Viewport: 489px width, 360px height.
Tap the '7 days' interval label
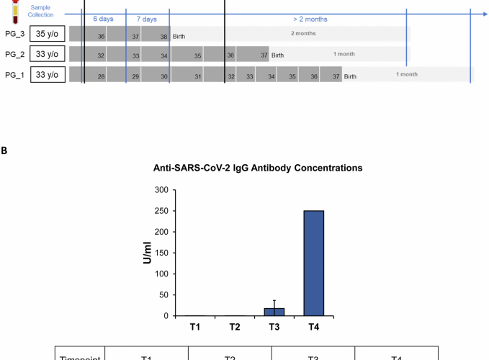148,20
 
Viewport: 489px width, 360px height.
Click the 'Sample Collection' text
40,10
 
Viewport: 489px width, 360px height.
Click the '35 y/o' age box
48,34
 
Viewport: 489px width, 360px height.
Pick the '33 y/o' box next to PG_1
48,74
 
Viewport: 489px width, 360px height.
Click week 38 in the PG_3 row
164,36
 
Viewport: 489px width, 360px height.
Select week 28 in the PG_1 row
102,76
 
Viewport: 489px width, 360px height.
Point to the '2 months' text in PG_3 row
303,34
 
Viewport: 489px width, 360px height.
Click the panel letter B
5,150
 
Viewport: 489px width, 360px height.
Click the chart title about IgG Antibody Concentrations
257,168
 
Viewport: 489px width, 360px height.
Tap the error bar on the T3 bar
274,303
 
